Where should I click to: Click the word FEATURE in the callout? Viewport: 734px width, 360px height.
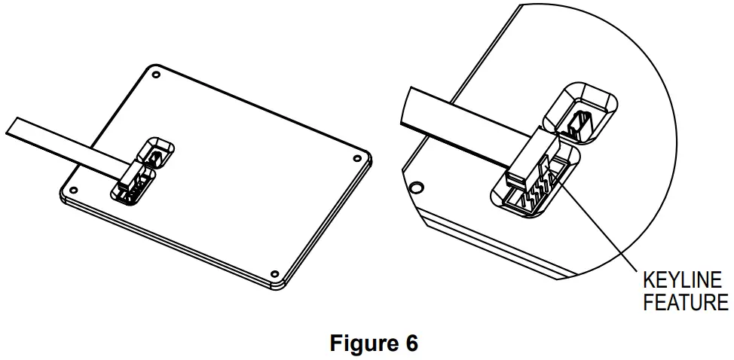tap(685, 303)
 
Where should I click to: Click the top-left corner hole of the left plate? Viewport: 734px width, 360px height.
tap(155, 75)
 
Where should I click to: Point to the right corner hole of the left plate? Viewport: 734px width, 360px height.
tap(356, 158)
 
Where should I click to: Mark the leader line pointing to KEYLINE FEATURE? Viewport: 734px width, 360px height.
tap(603, 226)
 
